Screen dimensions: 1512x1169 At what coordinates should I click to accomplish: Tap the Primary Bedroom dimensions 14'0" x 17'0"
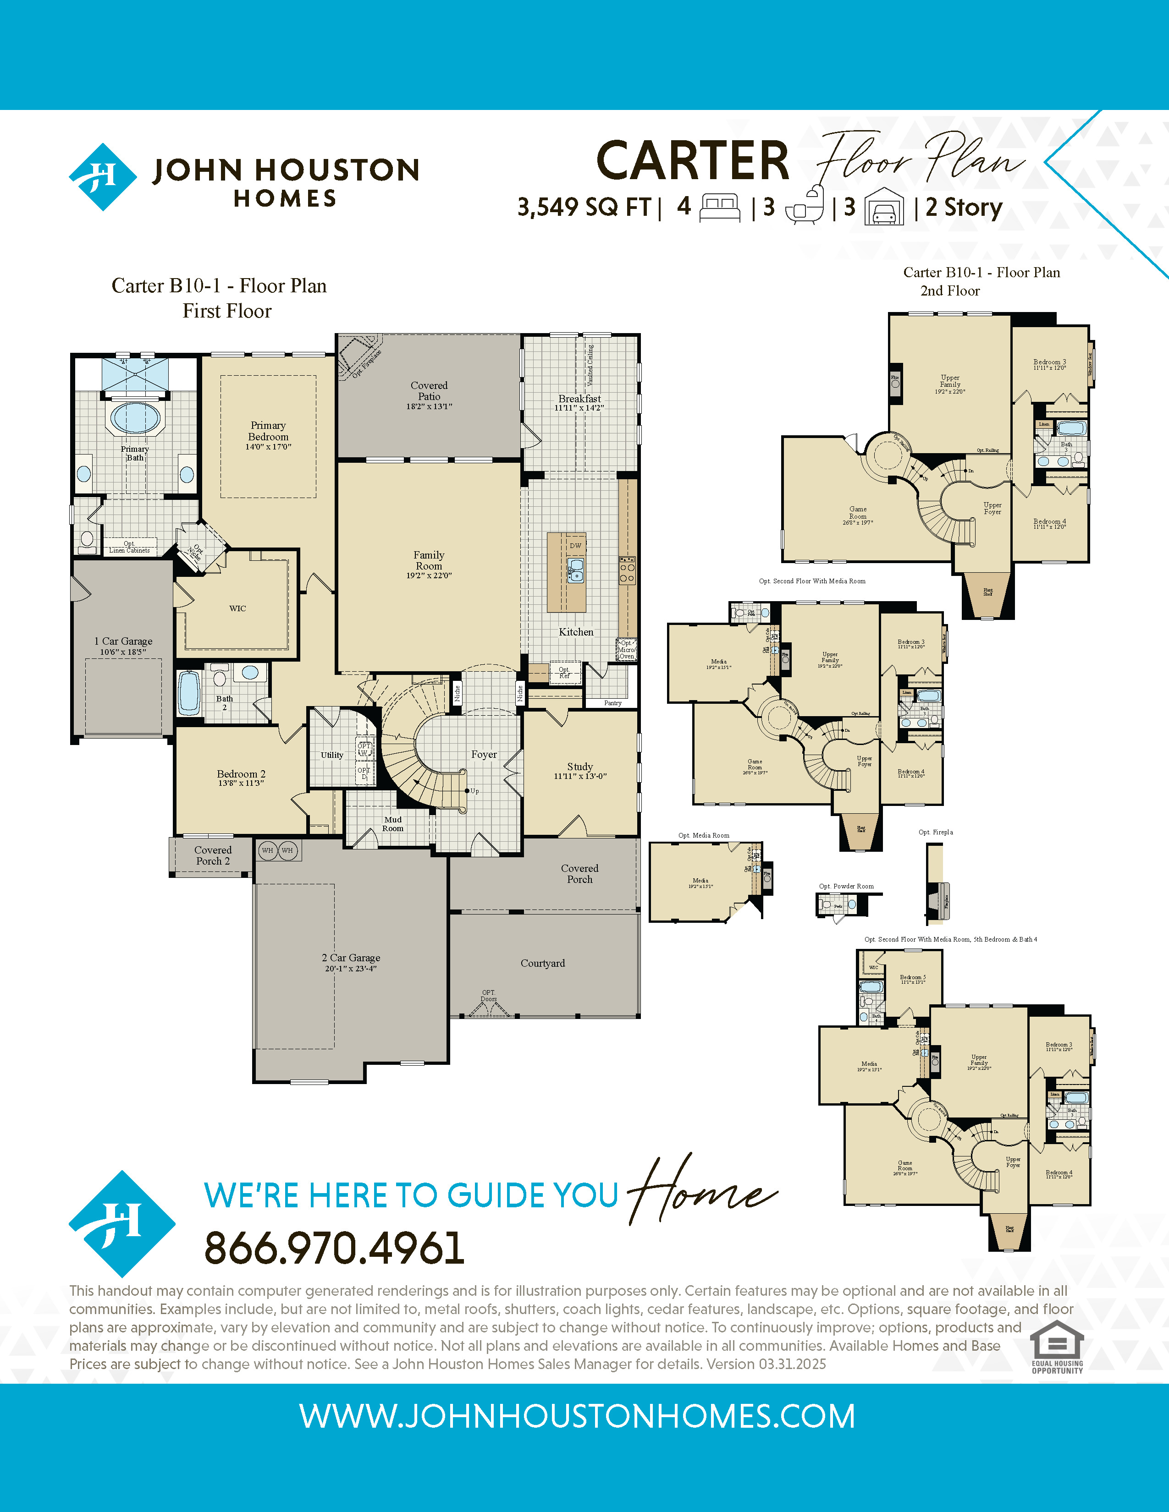tap(268, 447)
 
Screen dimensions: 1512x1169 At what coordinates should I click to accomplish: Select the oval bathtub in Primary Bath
tap(136, 418)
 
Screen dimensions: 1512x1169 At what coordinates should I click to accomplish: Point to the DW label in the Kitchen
tap(575, 546)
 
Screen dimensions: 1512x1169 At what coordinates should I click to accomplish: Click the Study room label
tap(579, 767)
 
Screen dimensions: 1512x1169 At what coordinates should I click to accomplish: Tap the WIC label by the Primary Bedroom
tap(237, 608)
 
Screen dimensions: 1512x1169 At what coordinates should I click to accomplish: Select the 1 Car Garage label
tap(123, 641)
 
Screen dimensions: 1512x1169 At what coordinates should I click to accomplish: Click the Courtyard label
tap(543, 963)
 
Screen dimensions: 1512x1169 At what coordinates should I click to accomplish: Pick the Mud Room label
tap(393, 824)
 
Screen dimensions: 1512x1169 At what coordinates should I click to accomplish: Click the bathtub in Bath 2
tap(189, 693)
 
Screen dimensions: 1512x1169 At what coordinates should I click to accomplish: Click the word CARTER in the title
tap(693, 161)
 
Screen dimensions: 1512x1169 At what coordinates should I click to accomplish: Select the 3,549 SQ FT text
tap(584, 207)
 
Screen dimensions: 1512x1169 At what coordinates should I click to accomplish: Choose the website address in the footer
tap(577, 1416)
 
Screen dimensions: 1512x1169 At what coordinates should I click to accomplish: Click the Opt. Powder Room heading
tap(846, 886)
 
